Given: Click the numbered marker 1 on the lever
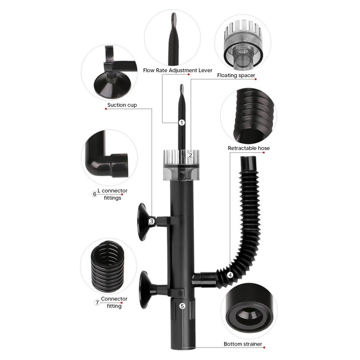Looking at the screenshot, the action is [182, 123].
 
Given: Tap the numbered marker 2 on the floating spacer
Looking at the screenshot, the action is [190, 155].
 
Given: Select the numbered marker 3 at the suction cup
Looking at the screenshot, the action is [152, 221].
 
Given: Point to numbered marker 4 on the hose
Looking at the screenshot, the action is [230, 275].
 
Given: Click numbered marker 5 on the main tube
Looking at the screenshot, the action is [182, 306].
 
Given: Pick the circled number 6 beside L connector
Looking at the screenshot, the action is [94, 194].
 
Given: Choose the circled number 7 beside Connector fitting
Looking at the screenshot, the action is [97, 302].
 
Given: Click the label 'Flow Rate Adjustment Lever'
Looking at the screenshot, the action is [178, 70].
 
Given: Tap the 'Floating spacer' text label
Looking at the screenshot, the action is [236, 75].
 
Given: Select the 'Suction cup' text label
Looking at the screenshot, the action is [122, 105].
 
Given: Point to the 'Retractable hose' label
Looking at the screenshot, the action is [249, 148].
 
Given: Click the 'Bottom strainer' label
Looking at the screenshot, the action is [243, 344].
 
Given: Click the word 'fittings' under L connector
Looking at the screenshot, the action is [112, 198].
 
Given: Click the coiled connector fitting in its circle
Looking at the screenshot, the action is [108, 266].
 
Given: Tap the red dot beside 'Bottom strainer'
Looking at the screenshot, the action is [264, 347].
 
